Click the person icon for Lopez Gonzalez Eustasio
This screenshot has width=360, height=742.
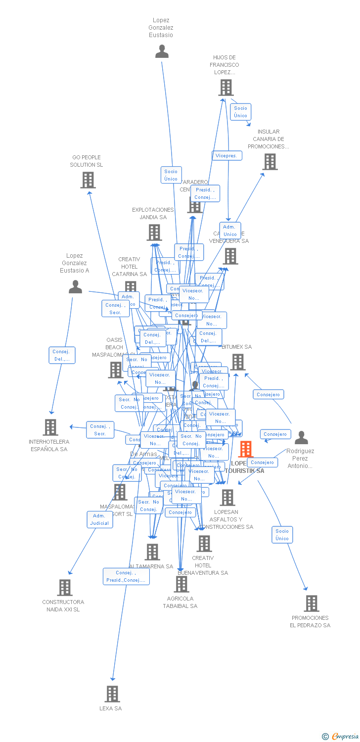click(x=162, y=51)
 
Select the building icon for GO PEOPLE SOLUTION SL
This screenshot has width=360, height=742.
click(x=88, y=180)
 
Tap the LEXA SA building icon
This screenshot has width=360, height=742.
click(x=112, y=694)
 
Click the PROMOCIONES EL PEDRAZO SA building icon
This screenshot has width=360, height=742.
click(x=311, y=603)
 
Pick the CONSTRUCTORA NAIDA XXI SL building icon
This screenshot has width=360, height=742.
click(x=65, y=588)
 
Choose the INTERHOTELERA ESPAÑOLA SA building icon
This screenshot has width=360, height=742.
click(x=50, y=427)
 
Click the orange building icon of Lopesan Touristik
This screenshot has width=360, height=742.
click(x=245, y=449)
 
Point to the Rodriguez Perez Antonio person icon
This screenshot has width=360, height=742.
click(x=301, y=438)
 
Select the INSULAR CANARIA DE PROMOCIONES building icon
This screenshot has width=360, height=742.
click(x=270, y=162)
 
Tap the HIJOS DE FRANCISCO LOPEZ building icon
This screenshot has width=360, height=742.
click(x=225, y=88)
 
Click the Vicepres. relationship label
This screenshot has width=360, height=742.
click(x=227, y=156)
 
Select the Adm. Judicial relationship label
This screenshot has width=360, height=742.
click(x=99, y=519)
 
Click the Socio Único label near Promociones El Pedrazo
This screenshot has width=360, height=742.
click(x=282, y=535)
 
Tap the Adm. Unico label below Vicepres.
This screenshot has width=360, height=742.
click(x=230, y=231)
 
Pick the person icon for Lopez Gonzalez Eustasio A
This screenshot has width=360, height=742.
click(x=75, y=287)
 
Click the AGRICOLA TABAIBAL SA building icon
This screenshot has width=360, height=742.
click(x=181, y=584)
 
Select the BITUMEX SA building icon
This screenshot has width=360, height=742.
click(x=238, y=362)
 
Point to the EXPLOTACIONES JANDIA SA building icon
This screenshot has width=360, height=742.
click(x=154, y=232)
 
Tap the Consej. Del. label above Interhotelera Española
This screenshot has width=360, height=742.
click(x=62, y=355)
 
